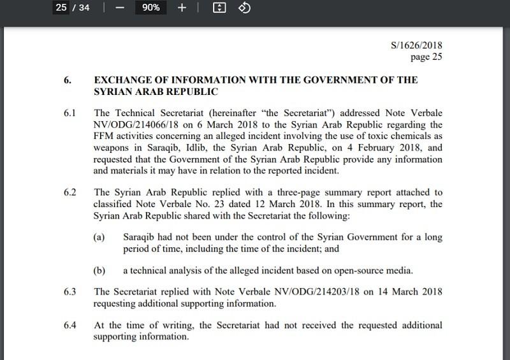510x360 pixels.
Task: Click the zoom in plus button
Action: (181, 8)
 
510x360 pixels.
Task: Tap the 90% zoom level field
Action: (151, 8)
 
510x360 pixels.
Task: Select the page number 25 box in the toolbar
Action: (61, 8)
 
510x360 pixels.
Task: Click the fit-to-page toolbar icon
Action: (219, 8)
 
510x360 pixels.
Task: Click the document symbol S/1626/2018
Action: (417, 46)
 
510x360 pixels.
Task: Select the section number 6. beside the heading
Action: (67, 80)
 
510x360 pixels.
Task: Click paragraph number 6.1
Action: (69, 114)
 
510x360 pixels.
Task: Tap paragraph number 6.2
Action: (69, 192)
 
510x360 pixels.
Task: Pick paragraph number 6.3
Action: (69, 292)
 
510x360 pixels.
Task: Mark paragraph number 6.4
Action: (69, 326)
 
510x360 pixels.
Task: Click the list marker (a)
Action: (99, 237)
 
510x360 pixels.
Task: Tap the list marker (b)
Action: (99, 270)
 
